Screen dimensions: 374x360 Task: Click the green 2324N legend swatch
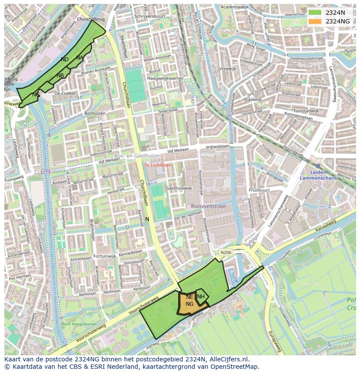point(315,13)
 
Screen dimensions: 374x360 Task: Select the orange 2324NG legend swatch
point(315,21)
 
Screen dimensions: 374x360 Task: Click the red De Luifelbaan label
point(158,165)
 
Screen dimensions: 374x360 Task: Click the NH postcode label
point(200,297)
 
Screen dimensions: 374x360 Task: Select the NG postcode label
point(190,304)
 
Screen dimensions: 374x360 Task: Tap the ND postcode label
point(65,60)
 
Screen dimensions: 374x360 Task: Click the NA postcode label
point(80,58)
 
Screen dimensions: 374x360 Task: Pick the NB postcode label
point(60,76)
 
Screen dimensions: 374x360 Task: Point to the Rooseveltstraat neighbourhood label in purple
point(208,206)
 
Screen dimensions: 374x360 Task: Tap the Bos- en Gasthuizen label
point(138,156)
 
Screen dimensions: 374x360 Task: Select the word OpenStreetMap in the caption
point(238,367)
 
